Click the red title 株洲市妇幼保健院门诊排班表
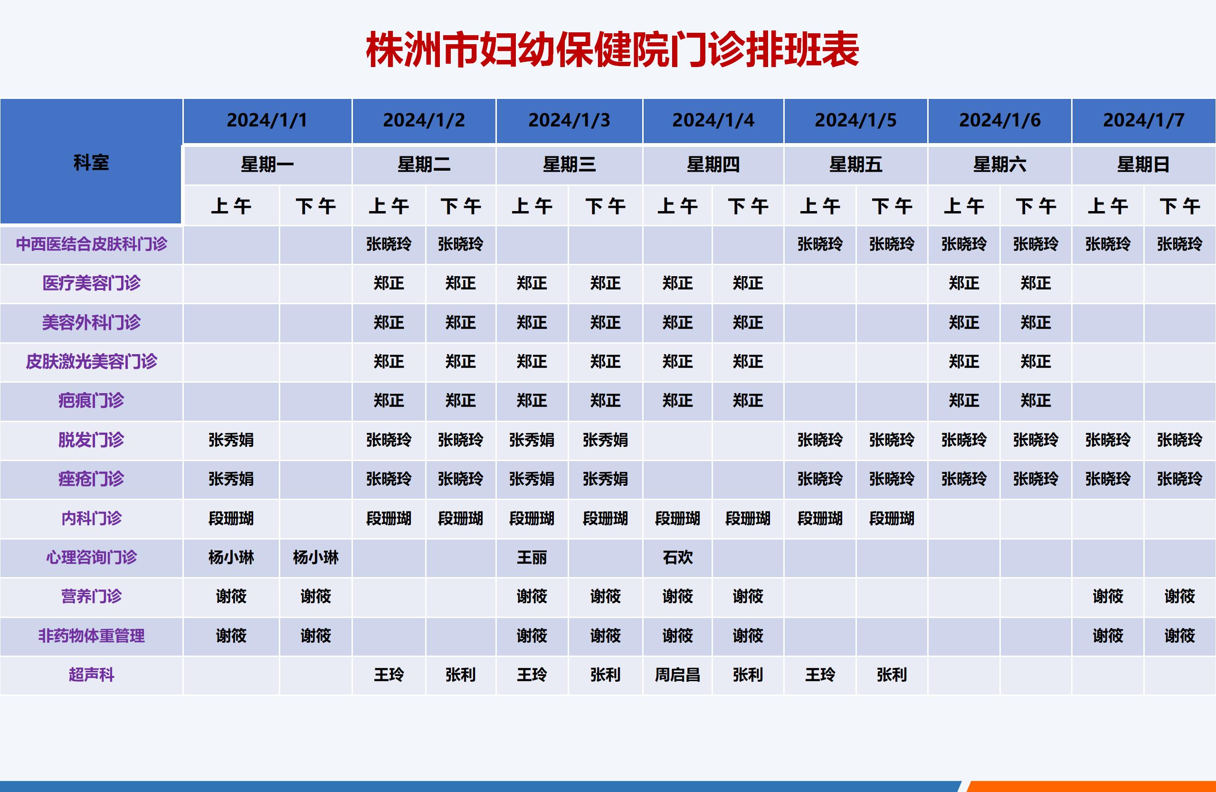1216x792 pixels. pos(612,49)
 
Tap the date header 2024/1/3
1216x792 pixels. pos(569,120)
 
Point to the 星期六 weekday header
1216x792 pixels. pos(999,164)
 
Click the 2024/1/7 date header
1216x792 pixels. pos(1143,120)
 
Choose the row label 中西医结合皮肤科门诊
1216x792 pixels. pos(92,244)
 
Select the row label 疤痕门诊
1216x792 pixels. pos(92,400)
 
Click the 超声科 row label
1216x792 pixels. pos(92,675)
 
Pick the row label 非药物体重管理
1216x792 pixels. pos(92,636)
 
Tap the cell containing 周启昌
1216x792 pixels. pos(677,675)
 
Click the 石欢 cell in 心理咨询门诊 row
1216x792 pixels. pos(677,557)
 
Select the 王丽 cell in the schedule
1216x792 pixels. pos(532,557)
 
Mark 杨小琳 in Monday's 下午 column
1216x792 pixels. pos(316,557)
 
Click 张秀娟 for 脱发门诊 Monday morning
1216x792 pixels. pos(231,440)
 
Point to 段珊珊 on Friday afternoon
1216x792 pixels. pos(892,519)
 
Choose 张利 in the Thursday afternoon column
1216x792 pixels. pos(748,675)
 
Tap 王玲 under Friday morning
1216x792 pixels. pos(820,675)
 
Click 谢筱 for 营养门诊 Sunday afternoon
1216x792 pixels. pos(1180,596)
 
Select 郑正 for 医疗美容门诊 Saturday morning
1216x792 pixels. pos(964,283)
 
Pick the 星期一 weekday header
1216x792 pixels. pos(267,164)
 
